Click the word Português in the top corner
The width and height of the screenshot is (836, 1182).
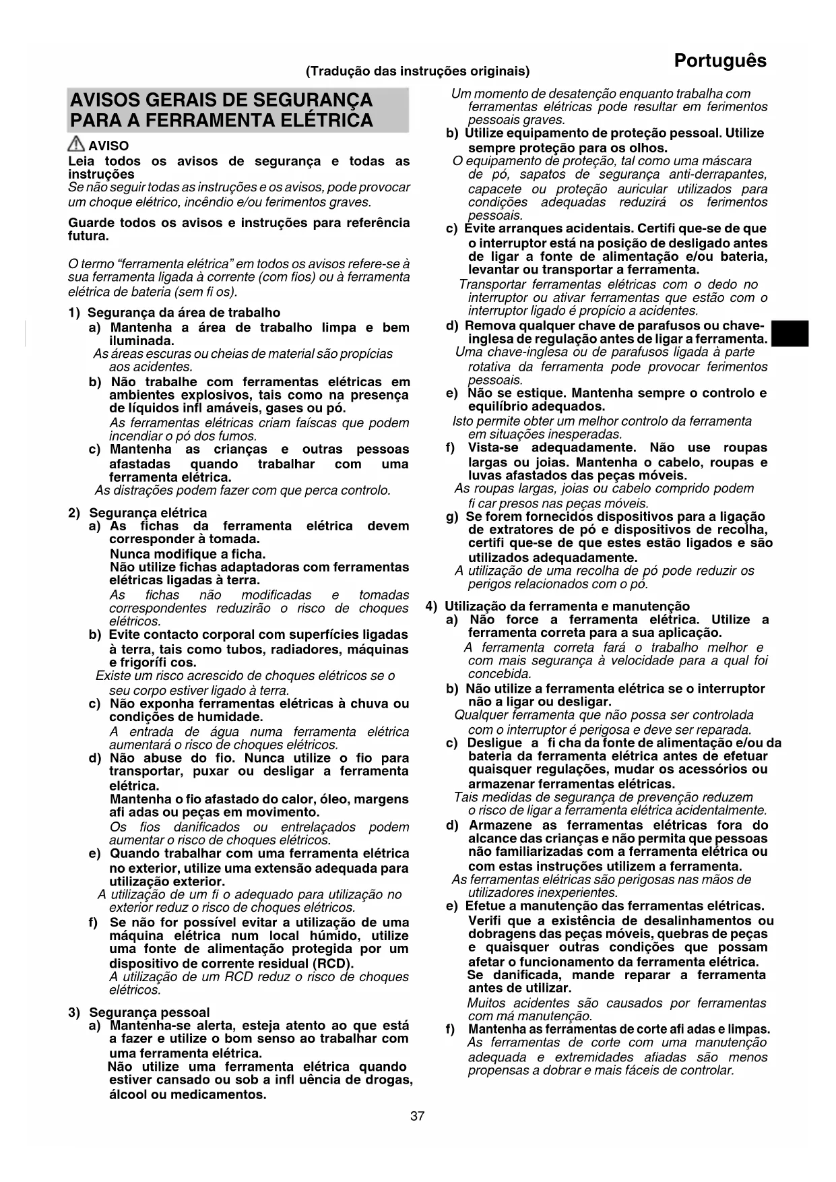(x=719, y=61)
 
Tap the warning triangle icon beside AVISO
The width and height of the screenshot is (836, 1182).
(x=77, y=144)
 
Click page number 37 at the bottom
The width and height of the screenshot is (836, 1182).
(x=418, y=1116)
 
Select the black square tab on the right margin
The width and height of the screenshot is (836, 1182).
(x=790, y=334)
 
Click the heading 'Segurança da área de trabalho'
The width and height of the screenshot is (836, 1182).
(x=183, y=313)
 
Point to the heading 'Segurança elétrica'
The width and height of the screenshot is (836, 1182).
(x=148, y=513)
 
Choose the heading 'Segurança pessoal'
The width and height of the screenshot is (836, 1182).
(x=149, y=1012)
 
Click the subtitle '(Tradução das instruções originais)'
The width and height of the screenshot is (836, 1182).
(x=418, y=71)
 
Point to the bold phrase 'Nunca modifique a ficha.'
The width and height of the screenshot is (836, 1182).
(x=187, y=554)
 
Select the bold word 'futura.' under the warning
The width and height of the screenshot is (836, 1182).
(x=88, y=237)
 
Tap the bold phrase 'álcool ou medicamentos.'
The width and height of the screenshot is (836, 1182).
(x=187, y=1094)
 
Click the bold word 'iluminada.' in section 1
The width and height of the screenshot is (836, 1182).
(x=141, y=341)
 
